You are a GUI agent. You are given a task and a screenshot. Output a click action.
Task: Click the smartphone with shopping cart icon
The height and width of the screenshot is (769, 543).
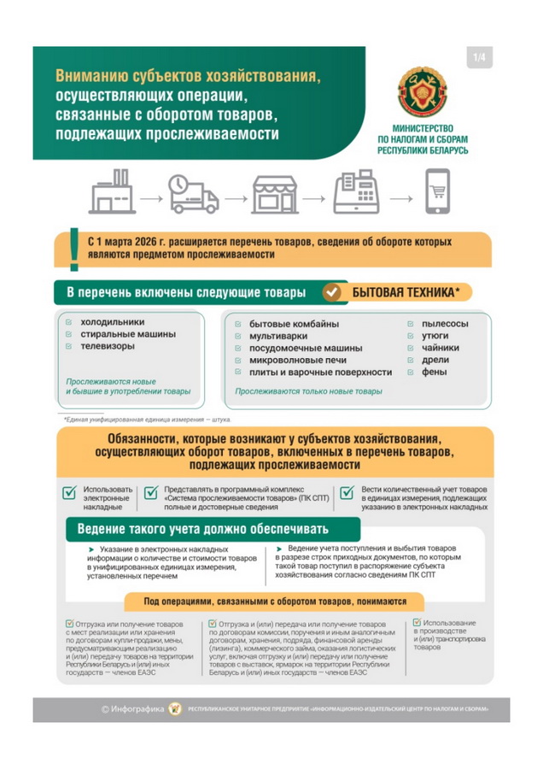[435, 192]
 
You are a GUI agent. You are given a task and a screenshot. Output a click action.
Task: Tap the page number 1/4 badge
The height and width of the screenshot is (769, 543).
[478, 58]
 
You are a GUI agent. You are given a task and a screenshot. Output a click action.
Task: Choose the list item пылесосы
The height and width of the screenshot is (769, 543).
[445, 324]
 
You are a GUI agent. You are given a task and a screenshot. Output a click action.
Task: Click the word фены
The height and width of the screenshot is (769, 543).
[433, 373]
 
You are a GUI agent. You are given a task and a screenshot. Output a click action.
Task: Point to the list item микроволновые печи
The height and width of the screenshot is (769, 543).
[295, 361]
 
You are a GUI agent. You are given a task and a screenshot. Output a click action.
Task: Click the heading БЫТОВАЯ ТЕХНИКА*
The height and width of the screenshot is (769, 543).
[406, 292]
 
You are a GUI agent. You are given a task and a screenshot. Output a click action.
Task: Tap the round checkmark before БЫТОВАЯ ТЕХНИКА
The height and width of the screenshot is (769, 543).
[331, 293]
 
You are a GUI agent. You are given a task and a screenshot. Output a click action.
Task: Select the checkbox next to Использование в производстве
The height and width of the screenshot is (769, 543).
[417, 624]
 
